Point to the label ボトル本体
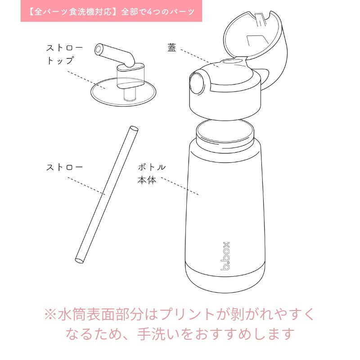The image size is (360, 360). [x=152, y=174]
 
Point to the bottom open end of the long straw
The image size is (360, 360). [x=79, y=260]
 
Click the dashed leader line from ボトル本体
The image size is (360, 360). [x=180, y=186]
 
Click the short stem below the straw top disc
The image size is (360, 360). [x=129, y=95]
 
